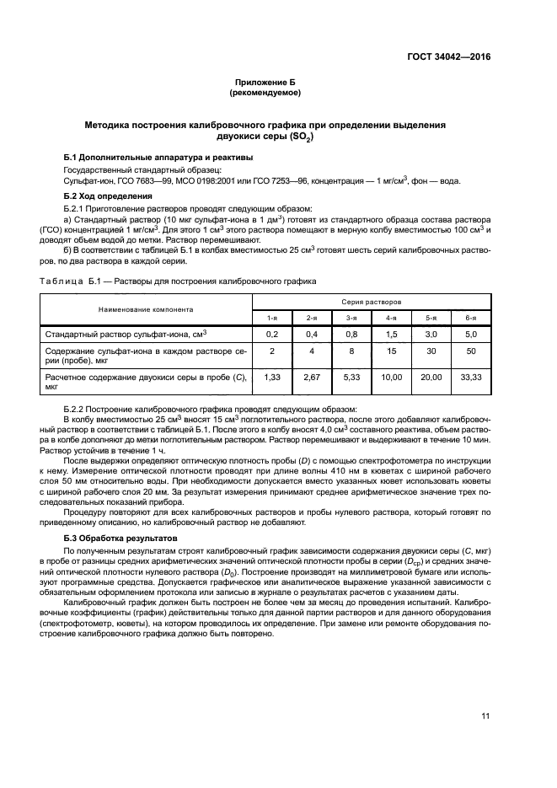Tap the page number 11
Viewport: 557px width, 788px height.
pos(485,716)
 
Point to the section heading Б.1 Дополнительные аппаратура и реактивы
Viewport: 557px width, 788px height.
pos(156,158)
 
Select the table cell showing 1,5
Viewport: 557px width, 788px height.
pos(392,334)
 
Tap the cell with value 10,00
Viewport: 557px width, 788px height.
pos(392,378)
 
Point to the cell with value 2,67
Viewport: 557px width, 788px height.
pos(312,378)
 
